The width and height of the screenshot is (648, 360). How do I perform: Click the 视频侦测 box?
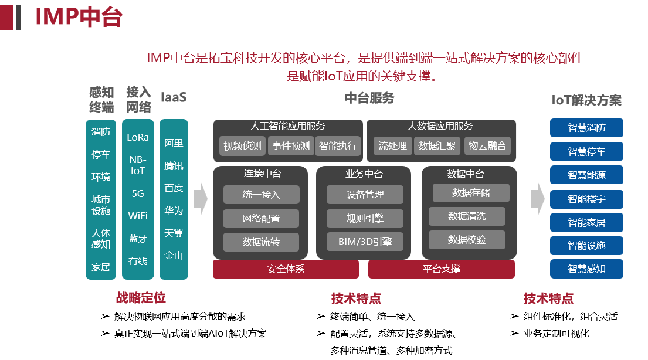243,146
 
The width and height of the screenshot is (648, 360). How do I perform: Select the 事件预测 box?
291,146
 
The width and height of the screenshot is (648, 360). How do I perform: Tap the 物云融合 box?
487,146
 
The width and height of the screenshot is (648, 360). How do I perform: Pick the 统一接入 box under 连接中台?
261,195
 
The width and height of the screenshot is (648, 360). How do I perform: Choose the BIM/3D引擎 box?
365,242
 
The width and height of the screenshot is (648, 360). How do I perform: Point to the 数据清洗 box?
467,216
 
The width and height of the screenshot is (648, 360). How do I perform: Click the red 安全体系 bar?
286,269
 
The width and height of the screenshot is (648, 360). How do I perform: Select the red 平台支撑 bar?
441,269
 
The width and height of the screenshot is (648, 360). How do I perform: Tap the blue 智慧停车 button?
586,151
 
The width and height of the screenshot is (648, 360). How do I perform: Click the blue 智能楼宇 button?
586,199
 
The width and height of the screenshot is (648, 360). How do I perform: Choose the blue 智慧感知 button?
586,269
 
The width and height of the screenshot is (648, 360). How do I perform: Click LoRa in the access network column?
138,137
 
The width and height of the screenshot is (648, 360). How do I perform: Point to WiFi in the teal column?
138,216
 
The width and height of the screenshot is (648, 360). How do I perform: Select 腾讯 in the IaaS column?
174,165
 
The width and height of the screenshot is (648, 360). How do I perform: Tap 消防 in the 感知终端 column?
101,132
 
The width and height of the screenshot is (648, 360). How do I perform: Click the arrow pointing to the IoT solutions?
537,198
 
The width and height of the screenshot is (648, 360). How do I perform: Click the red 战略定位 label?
141,298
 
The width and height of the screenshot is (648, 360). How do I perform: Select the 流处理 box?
392,146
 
